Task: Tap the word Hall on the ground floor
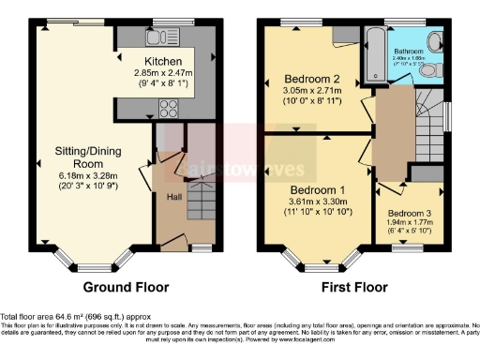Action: tap(173, 197)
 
